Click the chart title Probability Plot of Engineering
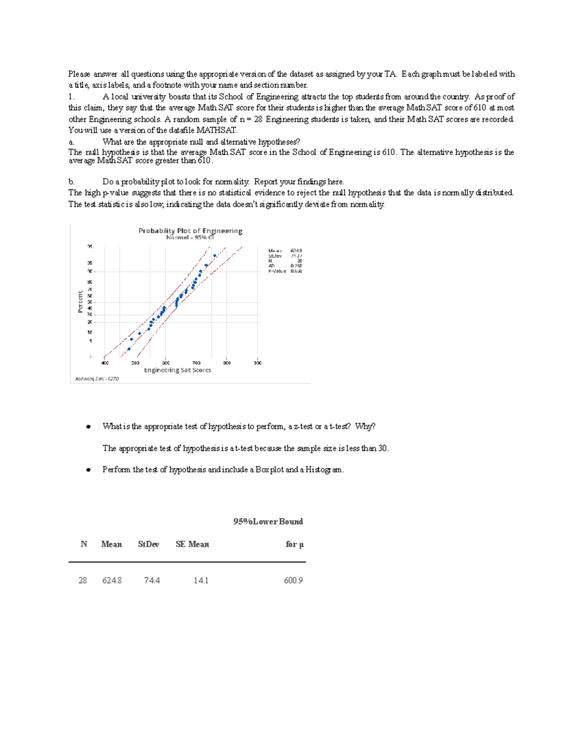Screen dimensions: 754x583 (190, 231)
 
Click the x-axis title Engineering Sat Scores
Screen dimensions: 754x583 (177, 370)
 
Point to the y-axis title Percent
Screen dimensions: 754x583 (80, 302)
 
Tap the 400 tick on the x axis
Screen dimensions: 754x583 (105, 363)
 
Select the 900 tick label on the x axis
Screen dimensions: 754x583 (257, 363)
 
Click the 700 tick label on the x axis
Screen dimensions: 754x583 (196, 363)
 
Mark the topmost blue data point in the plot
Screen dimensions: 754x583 (215, 256)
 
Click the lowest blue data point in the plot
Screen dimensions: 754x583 (129, 349)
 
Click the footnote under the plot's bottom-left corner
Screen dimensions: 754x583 (97, 379)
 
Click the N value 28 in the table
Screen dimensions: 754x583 (83, 580)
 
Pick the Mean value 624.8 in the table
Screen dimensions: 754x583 (112, 580)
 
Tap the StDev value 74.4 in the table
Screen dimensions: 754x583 (152, 580)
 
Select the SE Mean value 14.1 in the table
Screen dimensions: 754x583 (201, 580)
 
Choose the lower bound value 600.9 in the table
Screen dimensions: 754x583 (293, 580)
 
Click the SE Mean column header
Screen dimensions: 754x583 (192, 544)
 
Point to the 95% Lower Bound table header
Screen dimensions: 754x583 (268, 521)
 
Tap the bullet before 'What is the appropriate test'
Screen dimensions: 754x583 (88, 427)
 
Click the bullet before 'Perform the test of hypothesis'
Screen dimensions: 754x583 (88, 470)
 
